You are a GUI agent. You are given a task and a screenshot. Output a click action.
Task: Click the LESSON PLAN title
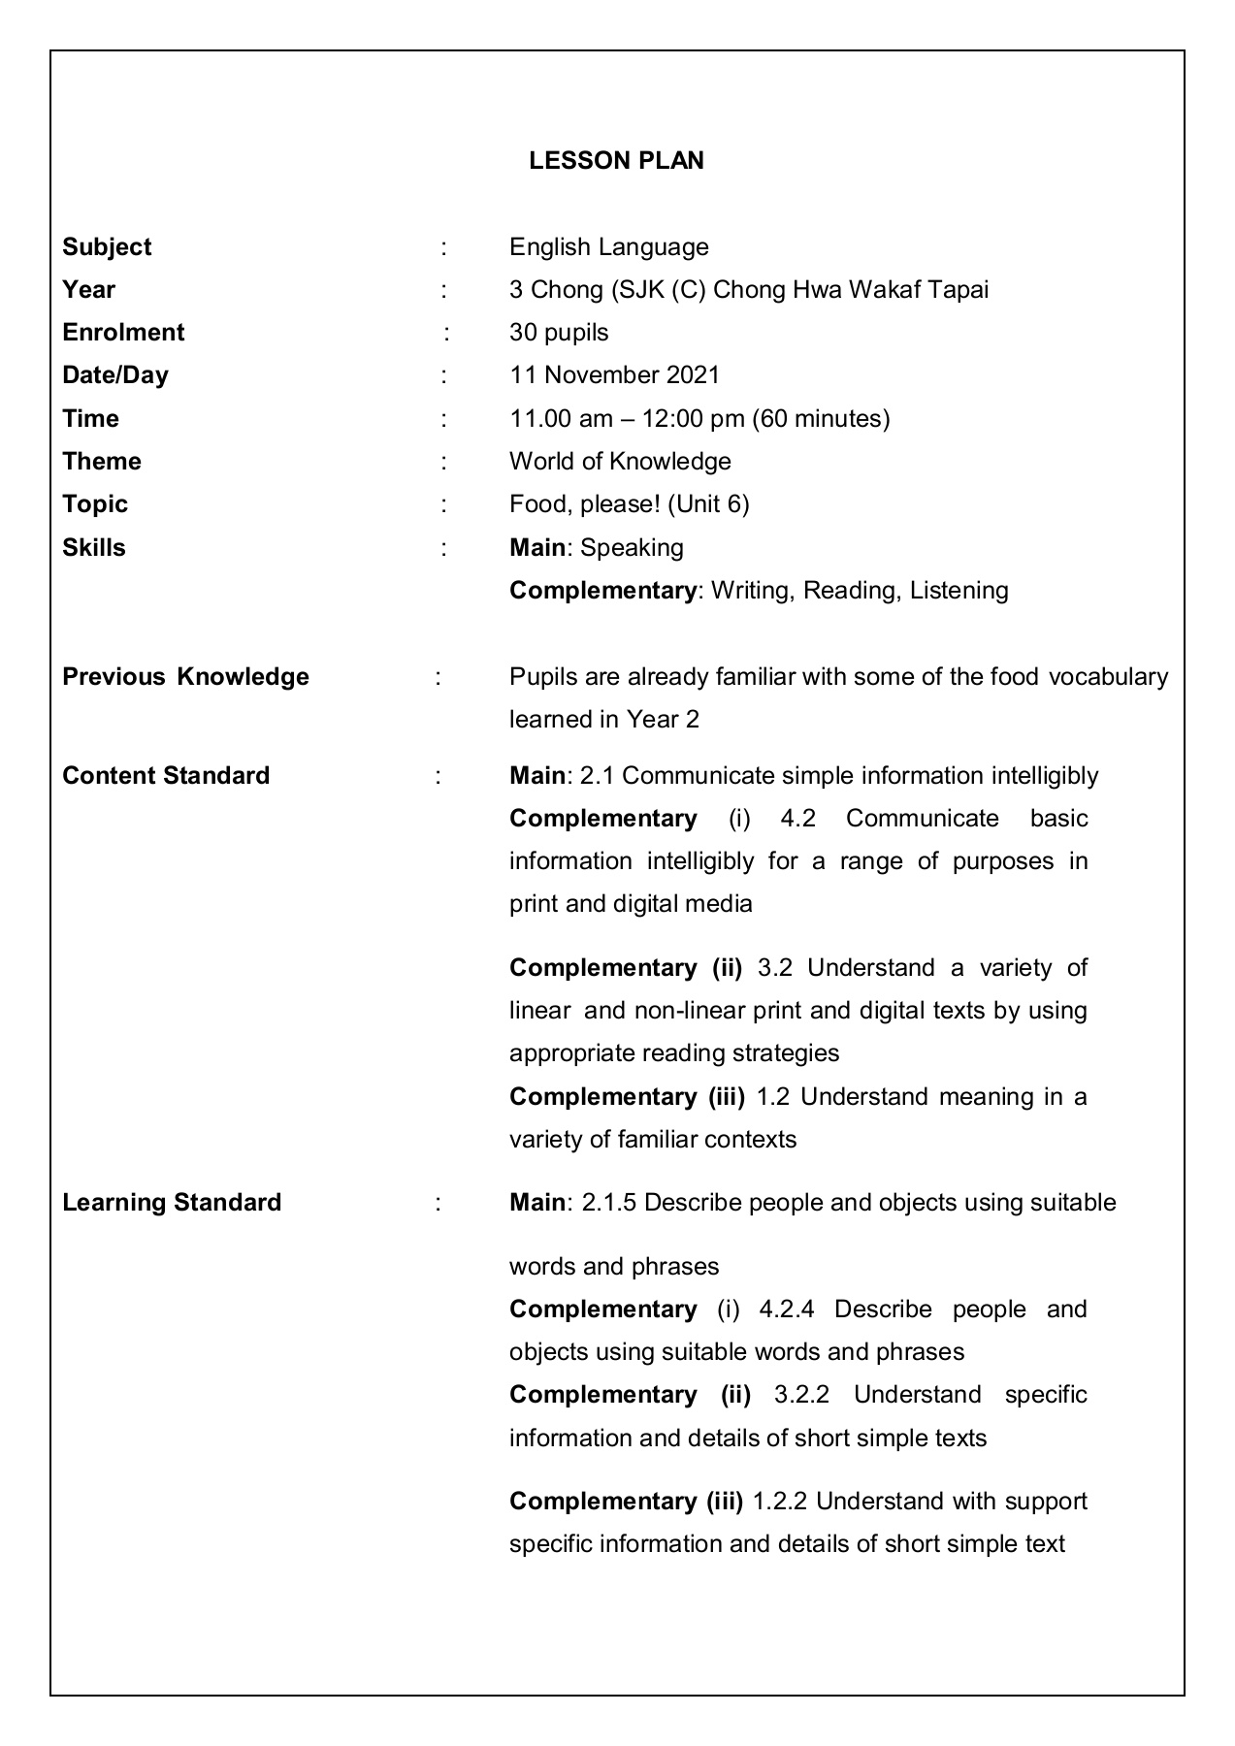pos(616,161)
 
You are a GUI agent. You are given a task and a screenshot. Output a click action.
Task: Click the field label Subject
pos(107,247)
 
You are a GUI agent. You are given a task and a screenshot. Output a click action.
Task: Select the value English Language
pos(608,247)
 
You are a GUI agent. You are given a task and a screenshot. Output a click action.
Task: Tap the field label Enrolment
pos(123,333)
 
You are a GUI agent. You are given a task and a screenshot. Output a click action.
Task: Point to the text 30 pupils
pos(559,333)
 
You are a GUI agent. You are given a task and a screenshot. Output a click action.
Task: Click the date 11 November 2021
pos(614,375)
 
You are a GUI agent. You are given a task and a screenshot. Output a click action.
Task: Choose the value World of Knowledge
pos(620,462)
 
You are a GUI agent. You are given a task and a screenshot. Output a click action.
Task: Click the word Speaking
pos(632,548)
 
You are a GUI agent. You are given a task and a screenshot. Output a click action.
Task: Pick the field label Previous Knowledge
pos(185,677)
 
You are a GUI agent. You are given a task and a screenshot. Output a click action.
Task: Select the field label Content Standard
pos(166,776)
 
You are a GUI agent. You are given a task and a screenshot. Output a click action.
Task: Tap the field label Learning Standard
pos(172,1203)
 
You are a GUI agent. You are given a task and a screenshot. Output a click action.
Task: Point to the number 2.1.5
pos(609,1203)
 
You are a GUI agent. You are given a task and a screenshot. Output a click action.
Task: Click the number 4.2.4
pos(786,1309)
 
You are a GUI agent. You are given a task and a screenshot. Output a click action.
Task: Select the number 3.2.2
pos(801,1395)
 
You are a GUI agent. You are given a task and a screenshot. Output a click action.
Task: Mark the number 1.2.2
pos(780,1502)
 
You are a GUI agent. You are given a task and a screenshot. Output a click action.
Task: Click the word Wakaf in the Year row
pos(882,290)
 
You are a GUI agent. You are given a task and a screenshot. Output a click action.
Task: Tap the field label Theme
pos(102,462)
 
